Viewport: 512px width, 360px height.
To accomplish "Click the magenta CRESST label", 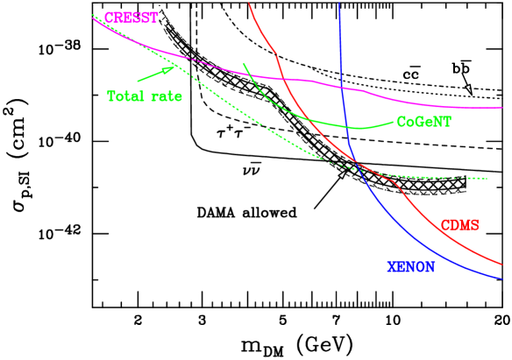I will (x=132, y=18).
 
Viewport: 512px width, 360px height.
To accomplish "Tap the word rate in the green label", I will (x=166, y=96).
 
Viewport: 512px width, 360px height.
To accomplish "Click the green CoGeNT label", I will (x=423, y=123).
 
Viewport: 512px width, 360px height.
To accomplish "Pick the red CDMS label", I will (x=459, y=225).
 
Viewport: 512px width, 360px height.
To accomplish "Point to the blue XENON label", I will (x=410, y=267).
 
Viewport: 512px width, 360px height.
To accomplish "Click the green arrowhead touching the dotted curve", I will (x=174, y=67).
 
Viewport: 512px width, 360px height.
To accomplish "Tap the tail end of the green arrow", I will (x=138, y=81).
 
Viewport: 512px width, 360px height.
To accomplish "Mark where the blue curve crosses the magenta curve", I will (x=343, y=88).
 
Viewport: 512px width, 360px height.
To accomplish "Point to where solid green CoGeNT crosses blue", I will (x=348, y=128).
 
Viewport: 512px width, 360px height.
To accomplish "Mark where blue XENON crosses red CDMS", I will (x=359, y=165).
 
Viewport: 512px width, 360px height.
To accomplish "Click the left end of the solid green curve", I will (x=243, y=64).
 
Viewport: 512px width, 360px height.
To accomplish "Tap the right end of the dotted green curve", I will (x=487, y=179).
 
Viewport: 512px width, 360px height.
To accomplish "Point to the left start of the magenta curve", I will (x=92, y=16).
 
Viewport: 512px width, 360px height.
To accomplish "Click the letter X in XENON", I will (x=392, y=267).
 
